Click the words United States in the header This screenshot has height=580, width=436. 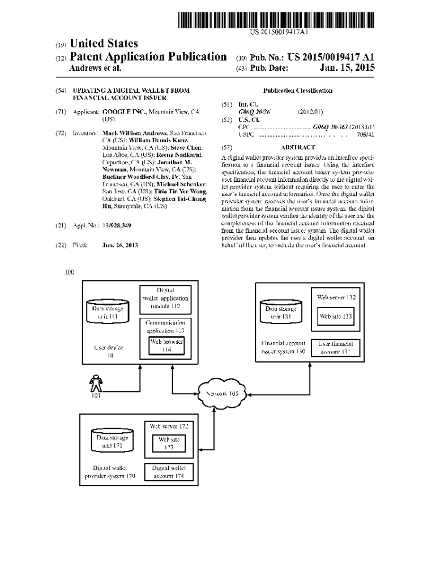[103, 44]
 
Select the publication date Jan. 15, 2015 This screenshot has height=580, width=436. [344, 69]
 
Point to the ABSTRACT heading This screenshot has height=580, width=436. [298, 147]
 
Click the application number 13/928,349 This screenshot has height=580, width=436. [117, 226]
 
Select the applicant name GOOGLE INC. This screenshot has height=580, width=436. [121, 112]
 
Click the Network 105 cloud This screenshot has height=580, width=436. [221, 394]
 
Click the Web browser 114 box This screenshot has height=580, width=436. [166, 346]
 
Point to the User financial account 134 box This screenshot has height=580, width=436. [336, 347]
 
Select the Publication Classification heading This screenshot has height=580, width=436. [298, 91]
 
